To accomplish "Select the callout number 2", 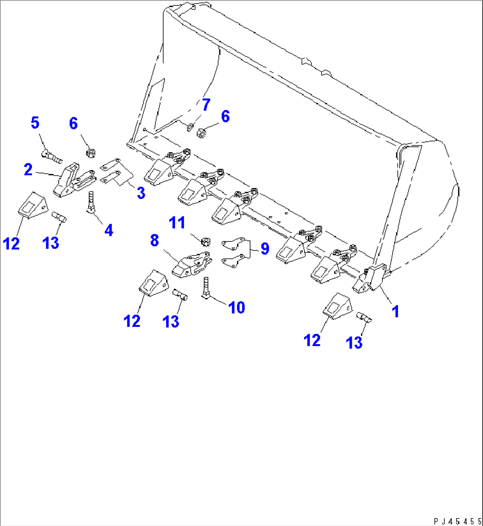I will coord(28,169).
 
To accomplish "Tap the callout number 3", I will coord(140,193).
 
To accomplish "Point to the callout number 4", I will coord(108,230).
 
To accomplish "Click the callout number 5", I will coord(35,122).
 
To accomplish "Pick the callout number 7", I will coord(206,105).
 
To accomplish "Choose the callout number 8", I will coord(154,240).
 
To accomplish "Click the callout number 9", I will coord(265,248).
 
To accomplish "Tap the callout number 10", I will coord(237,307).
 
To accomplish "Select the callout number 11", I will coord(178,222).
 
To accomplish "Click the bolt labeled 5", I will coord(51,156).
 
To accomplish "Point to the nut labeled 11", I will coord(205,242).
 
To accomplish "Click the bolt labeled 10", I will coord(206,288).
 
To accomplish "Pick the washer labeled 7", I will coord(190,128).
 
